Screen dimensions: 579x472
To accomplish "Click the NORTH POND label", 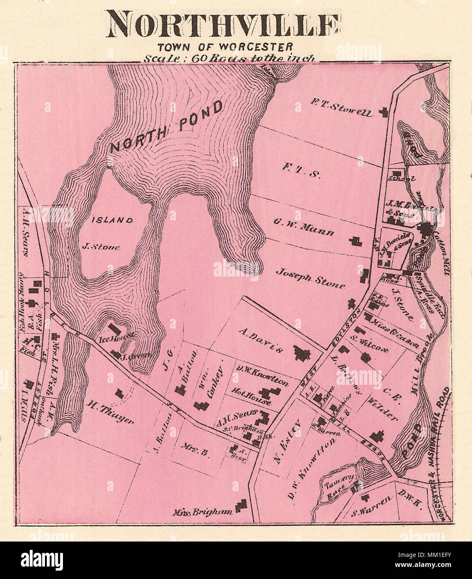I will click(167, 127).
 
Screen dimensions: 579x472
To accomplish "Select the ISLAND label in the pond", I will click(112, 220).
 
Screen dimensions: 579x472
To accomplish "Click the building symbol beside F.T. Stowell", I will click(383, 111).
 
